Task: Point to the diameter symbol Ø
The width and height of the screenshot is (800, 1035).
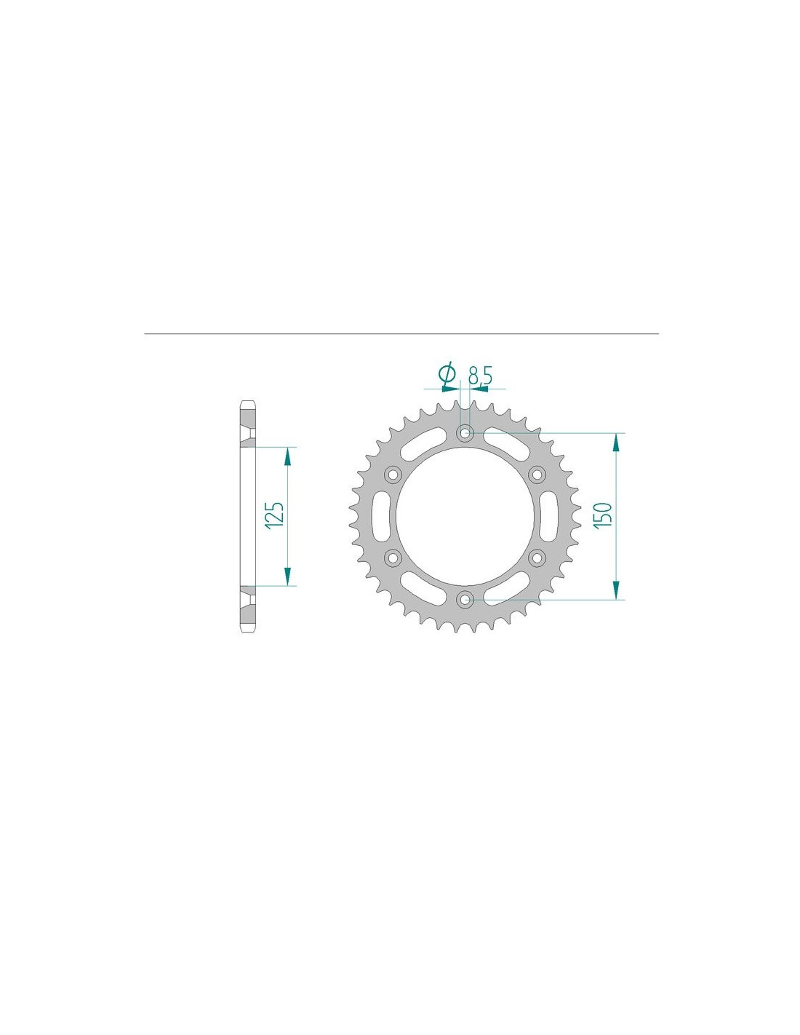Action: pyautogui.click(x=447, y=375)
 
